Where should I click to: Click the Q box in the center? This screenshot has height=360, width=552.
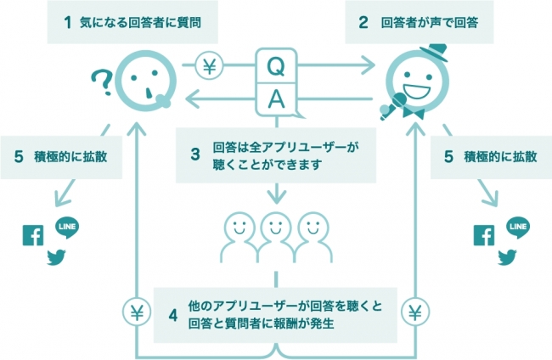(275, 65)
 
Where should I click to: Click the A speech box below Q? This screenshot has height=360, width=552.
(275, 99)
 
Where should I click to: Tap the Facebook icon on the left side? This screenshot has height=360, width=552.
(33, 235)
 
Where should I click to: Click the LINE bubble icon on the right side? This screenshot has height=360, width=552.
(517, 228)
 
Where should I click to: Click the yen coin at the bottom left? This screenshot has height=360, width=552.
(135, 312)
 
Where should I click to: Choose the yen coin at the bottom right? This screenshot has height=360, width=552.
(416, 312)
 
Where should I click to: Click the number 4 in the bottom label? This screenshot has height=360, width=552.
(173, 314)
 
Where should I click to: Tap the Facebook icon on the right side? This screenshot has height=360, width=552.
(484, 235)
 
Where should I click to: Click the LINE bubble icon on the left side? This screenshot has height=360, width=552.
(66, 228)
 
